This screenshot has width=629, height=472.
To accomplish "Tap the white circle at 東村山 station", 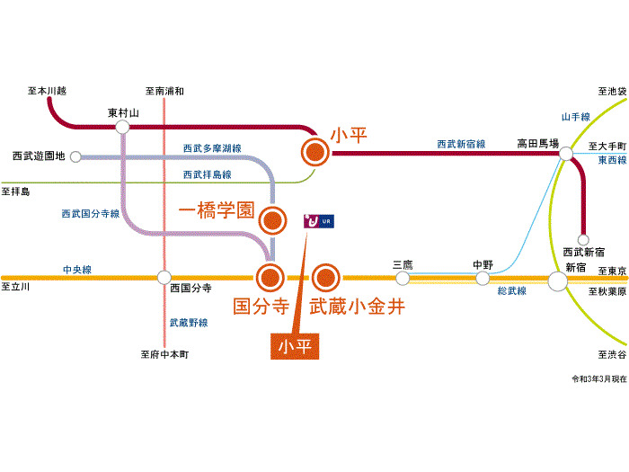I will pyautogui.click(x=122, y=127).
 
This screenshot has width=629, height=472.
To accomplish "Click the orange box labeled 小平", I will pyautogui.click(x=296, y=346).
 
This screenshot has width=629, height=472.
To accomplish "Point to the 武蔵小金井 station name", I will pyautogui.click(x=357, y=307).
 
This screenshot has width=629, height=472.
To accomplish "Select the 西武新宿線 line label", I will pyautogui.click(x=461, y=144).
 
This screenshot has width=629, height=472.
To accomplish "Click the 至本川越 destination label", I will pyautogui.click(x=48, y=91).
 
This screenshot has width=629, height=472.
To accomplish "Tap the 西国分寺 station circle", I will pyautogui.click(x=164, y=278).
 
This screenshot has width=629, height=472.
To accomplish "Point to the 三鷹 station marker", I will pyautogui.click(x=402, y=278).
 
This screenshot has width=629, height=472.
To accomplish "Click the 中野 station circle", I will pyautogui.click(x=483, y=279).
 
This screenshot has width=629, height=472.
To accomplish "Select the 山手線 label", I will pyautogui.click(x=575, y=117).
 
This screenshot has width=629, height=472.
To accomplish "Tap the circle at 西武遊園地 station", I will pyautogui.click(x=76, y=156).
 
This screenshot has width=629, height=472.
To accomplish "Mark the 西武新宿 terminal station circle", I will pyautogui.click(x=584, y=240).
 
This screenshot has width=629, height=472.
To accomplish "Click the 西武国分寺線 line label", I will pyautogui.click(x=90, y=213).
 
